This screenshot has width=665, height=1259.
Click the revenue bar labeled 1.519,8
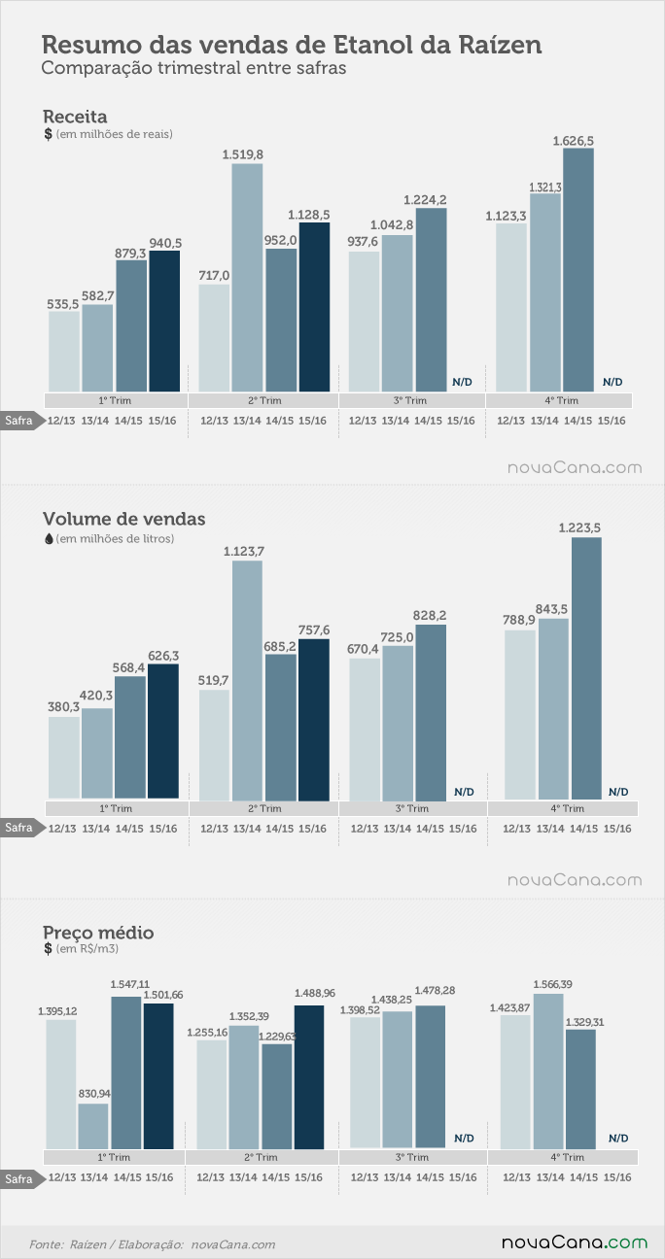[x=247, y=278]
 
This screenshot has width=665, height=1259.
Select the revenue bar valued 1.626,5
[x=578, y=270]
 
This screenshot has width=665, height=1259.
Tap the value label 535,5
[x=63, y=304]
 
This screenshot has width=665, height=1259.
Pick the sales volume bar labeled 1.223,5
[x=587, y=668]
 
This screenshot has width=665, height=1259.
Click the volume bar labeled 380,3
[x=63, y=758]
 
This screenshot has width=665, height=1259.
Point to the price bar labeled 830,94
[x=92, y=1126]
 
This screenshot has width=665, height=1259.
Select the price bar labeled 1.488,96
[x=309, y=1077]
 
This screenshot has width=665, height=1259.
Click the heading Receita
[x=75, y=117]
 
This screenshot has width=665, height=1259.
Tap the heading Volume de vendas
[x=124, y=519]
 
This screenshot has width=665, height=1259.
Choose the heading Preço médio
[x=98, y=933]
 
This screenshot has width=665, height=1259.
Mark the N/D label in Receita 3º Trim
[x=462, y=382]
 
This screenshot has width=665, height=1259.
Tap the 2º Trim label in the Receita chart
[x=264, y=401]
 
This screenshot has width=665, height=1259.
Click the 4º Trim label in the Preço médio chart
[x=567, y=1157]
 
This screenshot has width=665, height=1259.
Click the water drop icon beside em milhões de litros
[x=49, y=539]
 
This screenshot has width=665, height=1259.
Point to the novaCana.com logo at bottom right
[x=575, y=1242]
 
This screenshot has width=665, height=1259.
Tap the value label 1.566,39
[x=553, y=984]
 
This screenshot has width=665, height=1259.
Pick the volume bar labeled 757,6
[x=314, y=720]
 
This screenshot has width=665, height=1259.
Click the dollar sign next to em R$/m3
[x=48, y=949]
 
